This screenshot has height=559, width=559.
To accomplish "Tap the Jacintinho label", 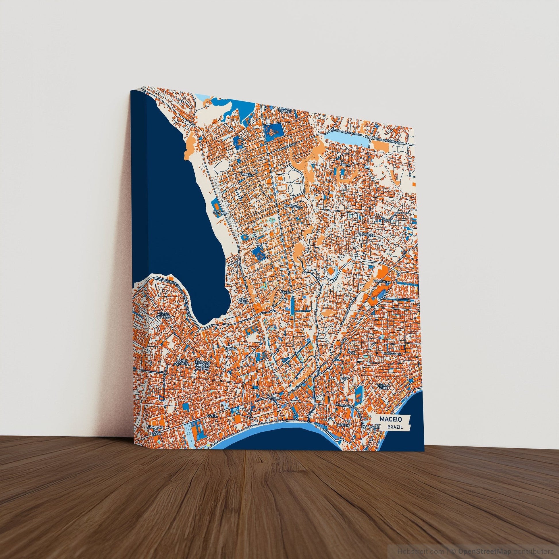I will (x=367, y=235).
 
